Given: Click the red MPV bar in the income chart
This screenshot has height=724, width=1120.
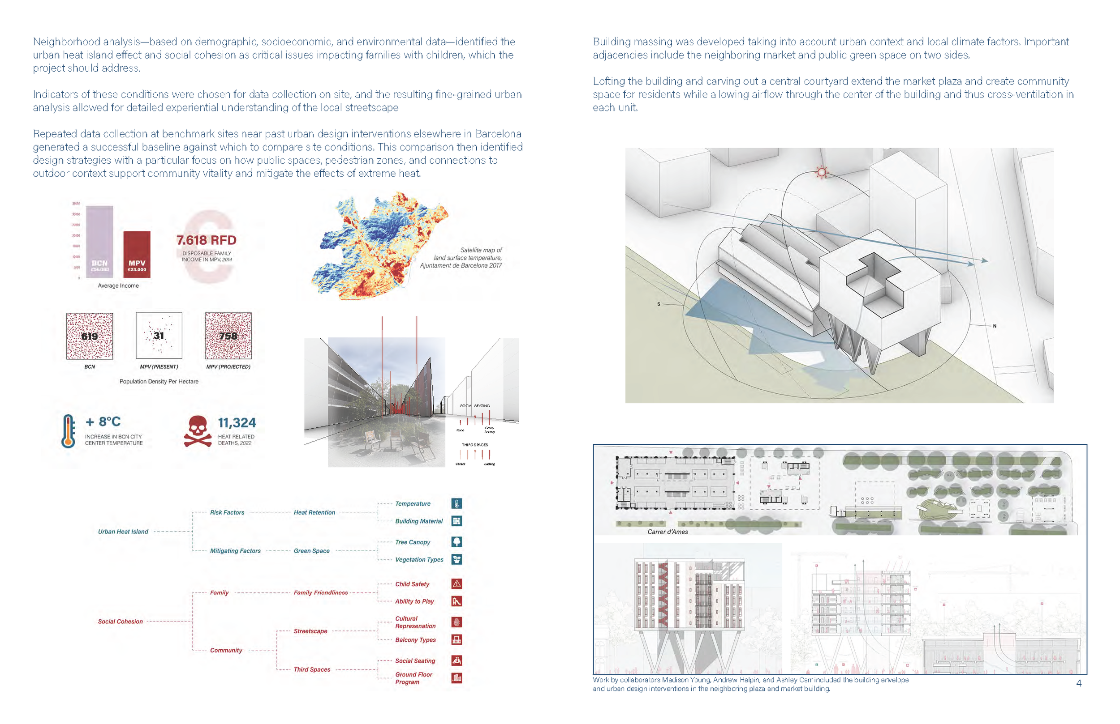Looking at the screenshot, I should pos(137,254).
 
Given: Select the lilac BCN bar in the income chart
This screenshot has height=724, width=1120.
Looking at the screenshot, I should pos(99,242).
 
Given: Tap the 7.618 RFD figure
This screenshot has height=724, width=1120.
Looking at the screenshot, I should pos(206,240).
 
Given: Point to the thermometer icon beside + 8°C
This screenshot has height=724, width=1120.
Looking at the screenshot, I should pos(68,430).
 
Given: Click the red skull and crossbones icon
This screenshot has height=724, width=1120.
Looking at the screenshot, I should pos(197,430).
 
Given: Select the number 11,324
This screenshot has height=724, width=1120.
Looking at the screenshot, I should pos(237,423).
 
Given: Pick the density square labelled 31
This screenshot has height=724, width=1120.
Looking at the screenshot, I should pos(159,336).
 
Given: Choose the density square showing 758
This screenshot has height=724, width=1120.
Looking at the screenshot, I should pos(228,336).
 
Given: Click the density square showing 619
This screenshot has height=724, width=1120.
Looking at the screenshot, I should pos(90,336).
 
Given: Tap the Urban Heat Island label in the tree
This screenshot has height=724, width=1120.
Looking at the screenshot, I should pos(123,532).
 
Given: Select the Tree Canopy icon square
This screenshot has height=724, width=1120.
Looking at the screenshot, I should pos(457,541).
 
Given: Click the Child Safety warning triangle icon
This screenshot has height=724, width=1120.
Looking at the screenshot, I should pos(457,584).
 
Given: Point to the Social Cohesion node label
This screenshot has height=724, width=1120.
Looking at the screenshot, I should pos(120,622).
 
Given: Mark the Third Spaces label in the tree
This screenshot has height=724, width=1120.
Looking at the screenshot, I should pos(311,669).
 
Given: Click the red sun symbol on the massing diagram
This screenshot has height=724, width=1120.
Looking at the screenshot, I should pos(822,172).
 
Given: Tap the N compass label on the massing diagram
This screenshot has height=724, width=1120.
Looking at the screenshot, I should pos(995,326).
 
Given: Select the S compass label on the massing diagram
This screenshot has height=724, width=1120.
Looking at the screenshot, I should pos(659,304).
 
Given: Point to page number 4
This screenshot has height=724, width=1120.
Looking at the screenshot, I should pos(1079,683).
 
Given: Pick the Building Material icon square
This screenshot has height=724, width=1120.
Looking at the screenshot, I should pos(457,521).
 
